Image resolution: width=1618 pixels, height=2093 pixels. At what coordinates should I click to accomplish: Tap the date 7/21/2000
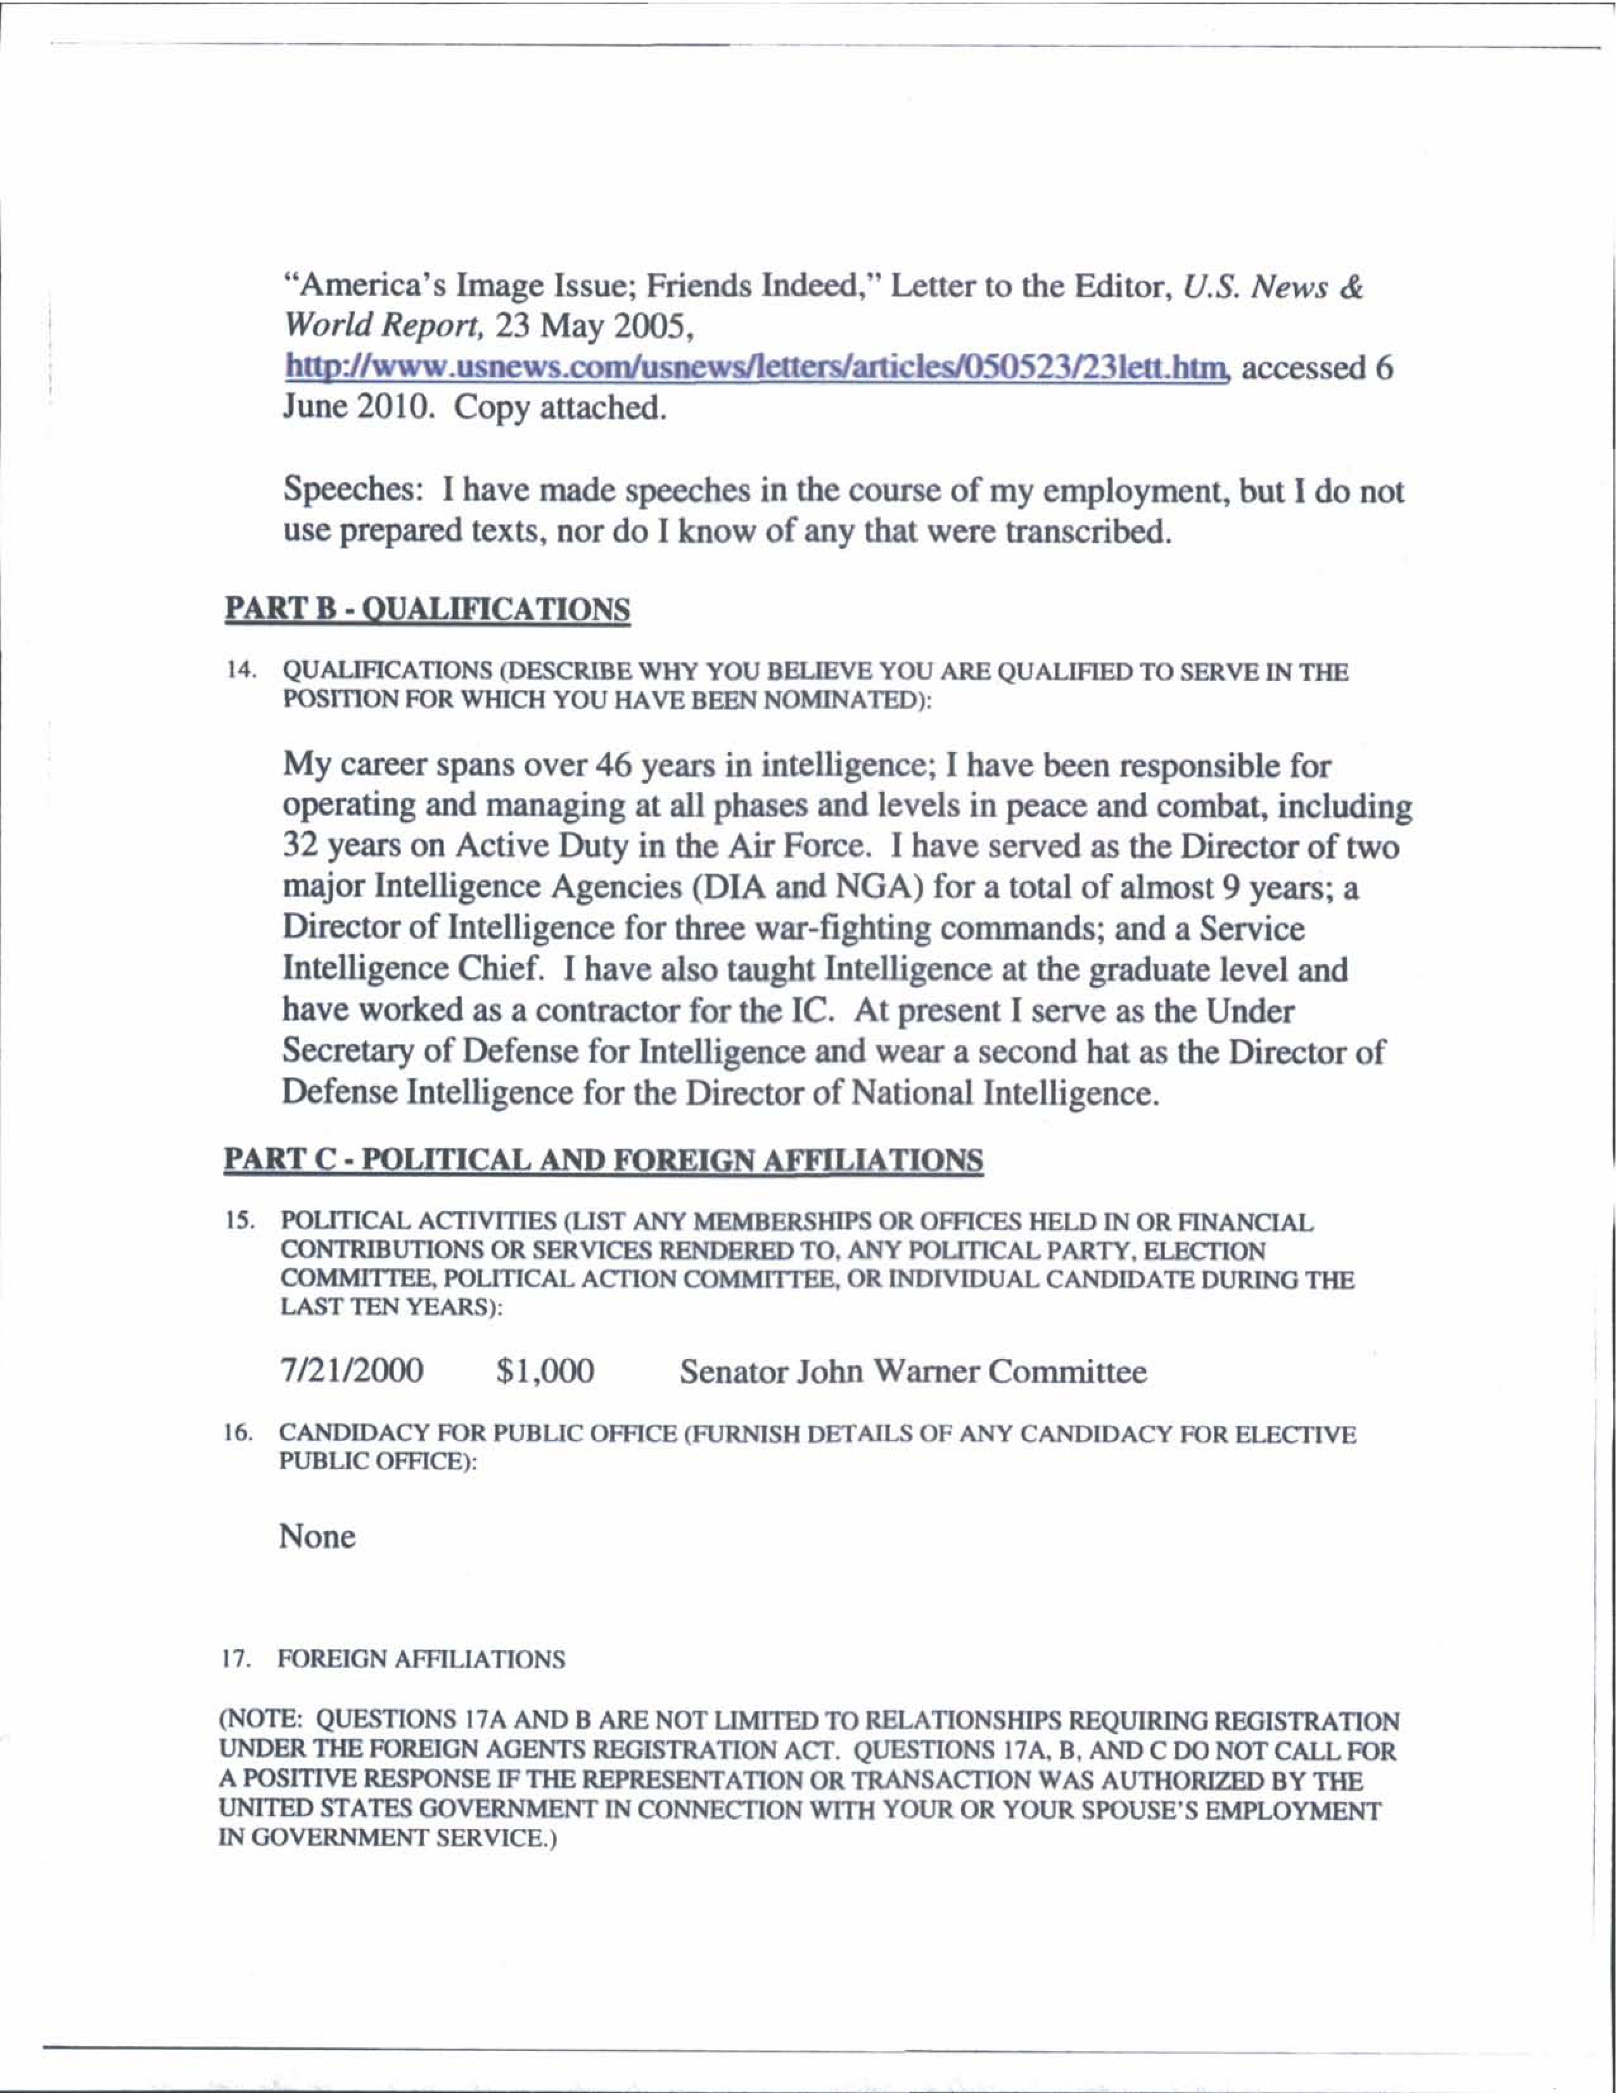point(352,1371)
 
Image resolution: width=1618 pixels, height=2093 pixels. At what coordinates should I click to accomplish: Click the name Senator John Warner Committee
point(912,1372)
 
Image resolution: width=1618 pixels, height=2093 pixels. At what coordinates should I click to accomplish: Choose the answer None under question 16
point(317,1537)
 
